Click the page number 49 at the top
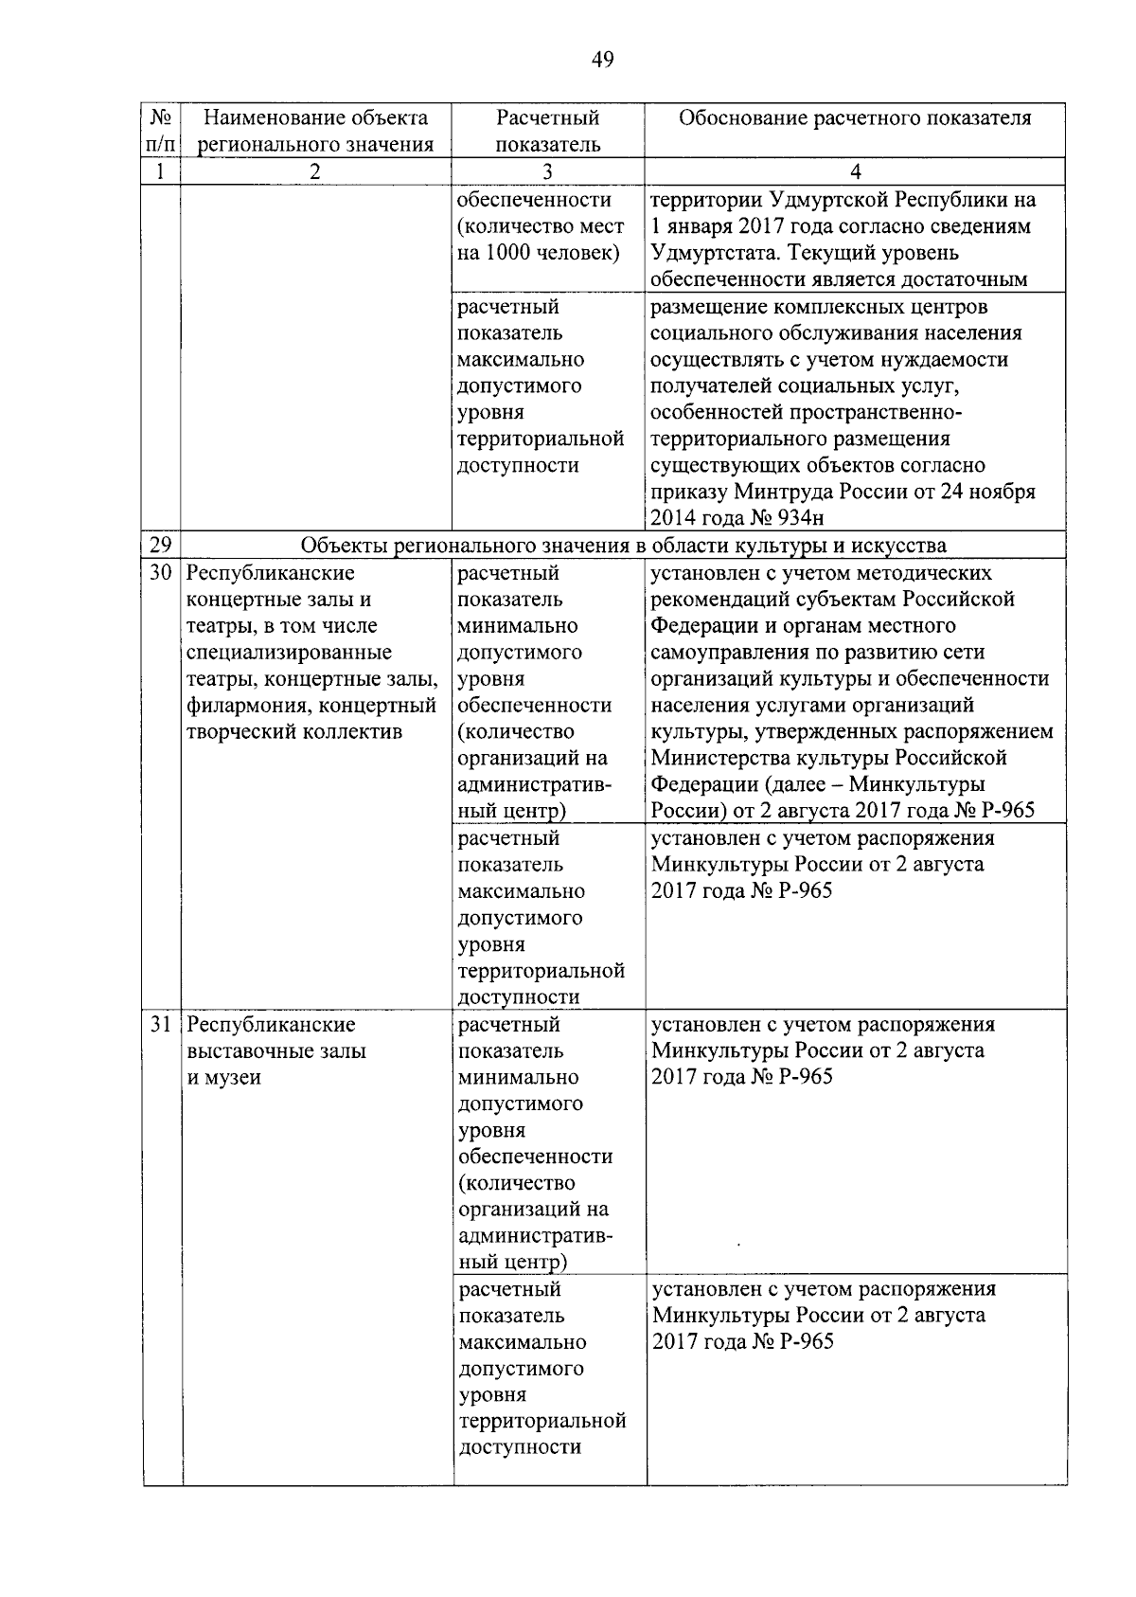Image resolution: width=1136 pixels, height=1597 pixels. [602, 61]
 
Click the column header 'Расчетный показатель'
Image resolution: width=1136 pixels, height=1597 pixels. [548, 131]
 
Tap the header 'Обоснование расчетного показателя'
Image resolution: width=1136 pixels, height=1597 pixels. [855, 118]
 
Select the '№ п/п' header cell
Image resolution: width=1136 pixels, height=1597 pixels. [161, 131]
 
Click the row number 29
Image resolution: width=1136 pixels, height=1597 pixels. [161, 546]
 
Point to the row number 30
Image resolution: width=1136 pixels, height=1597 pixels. [161, 573]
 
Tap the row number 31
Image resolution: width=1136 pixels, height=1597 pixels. [161, 1025]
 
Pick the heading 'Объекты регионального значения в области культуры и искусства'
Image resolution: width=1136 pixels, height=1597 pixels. [623, 546]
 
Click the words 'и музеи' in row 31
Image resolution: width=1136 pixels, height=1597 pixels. [223, 1078]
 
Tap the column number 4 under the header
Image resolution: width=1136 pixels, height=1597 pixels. [855, 171]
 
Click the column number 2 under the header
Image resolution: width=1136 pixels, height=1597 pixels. [315, 171]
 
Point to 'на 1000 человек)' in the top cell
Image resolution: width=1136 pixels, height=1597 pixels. [539, 253]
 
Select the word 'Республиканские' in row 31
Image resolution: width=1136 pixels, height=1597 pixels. [271, 1025]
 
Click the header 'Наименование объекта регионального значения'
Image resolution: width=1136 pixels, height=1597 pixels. [315, 131]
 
